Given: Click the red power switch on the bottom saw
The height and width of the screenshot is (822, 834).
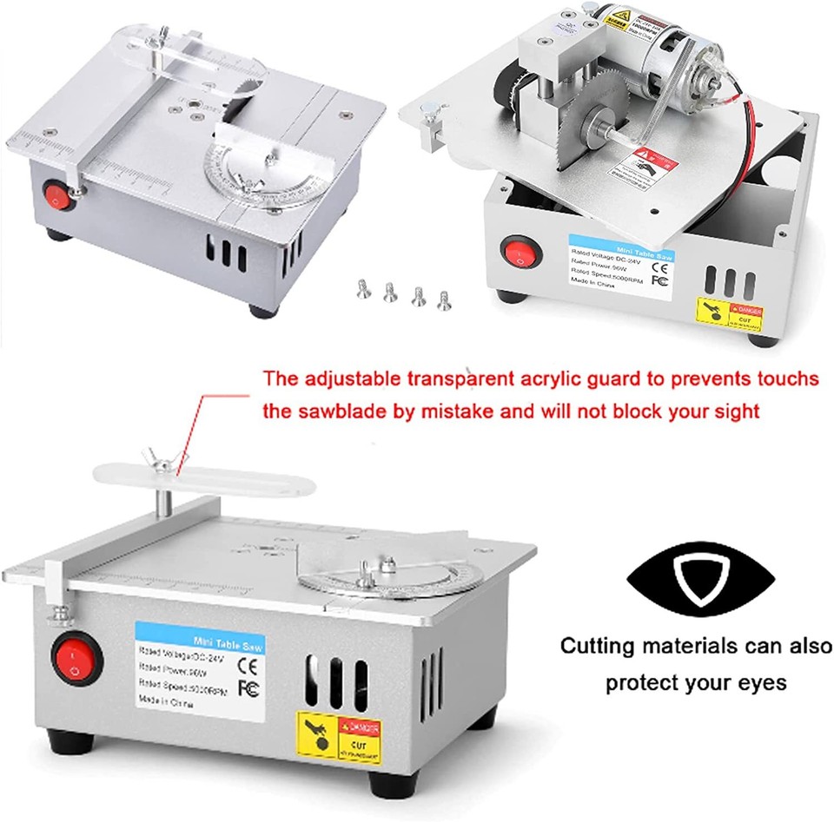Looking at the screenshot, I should tap(72, 657).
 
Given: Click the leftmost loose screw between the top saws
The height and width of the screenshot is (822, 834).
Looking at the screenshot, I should tap(363, 289).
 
